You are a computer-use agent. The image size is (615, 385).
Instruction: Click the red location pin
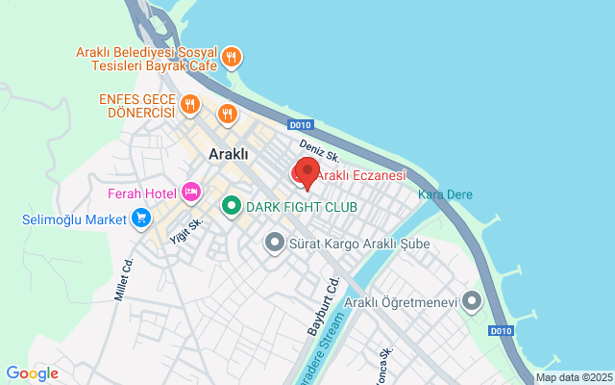click(307, 172)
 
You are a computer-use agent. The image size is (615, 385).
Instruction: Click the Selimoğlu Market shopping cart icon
click(141, 218)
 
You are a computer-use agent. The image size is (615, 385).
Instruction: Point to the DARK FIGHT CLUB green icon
click(231, 206)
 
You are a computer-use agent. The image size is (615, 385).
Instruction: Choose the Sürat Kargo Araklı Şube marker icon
click(274, 243)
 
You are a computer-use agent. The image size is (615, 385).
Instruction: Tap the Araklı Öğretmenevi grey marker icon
click(471, 302)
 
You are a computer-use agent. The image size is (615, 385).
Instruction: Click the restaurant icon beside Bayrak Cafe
click(231, 59)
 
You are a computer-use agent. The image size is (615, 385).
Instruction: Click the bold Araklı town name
click(229, 154)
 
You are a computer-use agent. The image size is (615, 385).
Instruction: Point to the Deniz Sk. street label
click(319, 150)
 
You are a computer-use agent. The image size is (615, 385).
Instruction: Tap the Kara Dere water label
click(445, 195)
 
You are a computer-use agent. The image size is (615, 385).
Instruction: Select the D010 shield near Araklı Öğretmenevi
click(501, 331)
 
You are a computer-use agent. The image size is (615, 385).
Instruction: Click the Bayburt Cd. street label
click(324, 306)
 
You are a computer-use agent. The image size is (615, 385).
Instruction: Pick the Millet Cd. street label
click(122, 278)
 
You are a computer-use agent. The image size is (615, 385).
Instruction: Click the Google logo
click(32, 373)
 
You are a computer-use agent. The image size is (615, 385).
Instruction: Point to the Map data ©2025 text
click(574, 377)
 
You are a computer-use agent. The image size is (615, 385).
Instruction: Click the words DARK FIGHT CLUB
click(302, 207)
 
